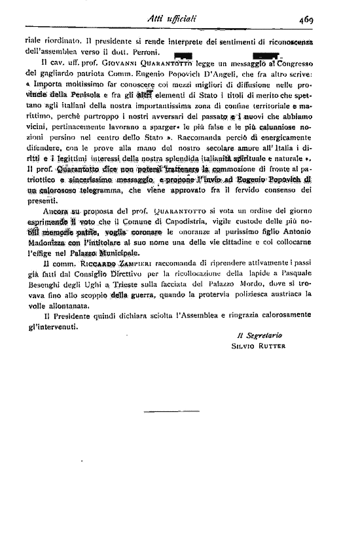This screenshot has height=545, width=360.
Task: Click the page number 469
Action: click(321, 20)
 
